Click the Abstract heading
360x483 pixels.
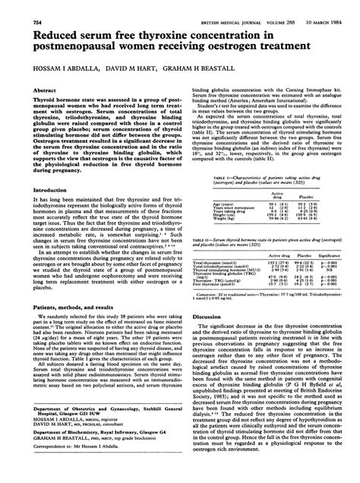(44, 89)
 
